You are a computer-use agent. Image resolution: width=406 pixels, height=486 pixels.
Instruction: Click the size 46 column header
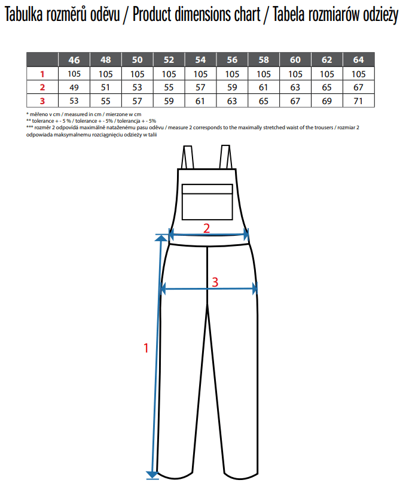(74, 59)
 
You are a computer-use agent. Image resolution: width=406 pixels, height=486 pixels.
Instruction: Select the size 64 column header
(359, 59)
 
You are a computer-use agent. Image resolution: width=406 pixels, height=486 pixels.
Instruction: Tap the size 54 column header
(200, 59)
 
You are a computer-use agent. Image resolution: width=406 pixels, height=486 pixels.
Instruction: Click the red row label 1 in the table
(42, 74)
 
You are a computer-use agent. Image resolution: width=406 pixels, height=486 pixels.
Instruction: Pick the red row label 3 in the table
(42, 101)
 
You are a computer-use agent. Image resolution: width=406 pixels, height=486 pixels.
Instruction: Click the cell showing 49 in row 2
(74, 87)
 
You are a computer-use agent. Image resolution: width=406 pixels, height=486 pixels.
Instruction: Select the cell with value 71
(359, 101)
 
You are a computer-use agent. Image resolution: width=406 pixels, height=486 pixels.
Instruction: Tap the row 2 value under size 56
(232, 87)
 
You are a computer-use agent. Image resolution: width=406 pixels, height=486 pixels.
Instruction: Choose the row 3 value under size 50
(137, 101)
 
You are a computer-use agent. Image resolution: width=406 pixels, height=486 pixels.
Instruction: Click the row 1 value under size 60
(295, 74)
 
